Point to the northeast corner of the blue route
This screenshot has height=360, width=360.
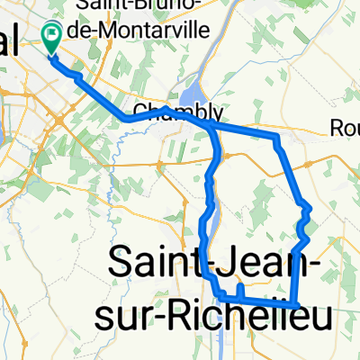(x=276, y=138)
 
